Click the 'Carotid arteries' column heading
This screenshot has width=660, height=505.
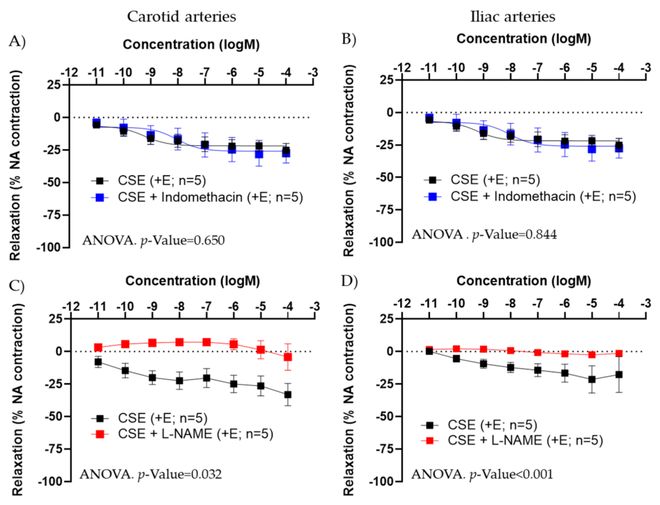point(181,17)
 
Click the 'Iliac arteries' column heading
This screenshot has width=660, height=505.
point(513,17)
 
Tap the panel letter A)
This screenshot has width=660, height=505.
point(17,41)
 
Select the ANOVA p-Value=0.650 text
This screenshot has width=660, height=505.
point(153,240)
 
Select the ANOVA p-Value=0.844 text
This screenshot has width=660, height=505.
point(484,235)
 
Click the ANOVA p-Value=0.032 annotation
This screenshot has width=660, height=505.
point(150,475)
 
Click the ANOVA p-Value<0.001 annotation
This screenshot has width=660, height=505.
point(482,475)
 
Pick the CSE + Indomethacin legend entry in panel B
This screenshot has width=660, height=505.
point(530,196)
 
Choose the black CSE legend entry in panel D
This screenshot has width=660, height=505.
point(480,425)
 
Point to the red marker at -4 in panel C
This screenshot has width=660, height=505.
point(288,357)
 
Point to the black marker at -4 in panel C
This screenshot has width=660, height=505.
point(288,395)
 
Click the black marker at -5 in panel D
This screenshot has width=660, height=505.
point(592,379)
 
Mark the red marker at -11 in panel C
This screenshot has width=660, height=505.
point(98,347)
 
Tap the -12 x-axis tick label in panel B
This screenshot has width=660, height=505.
point(402,68)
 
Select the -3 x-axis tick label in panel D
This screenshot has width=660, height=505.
point(646,304)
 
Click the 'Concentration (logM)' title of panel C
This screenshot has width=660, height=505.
point(192,281)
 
